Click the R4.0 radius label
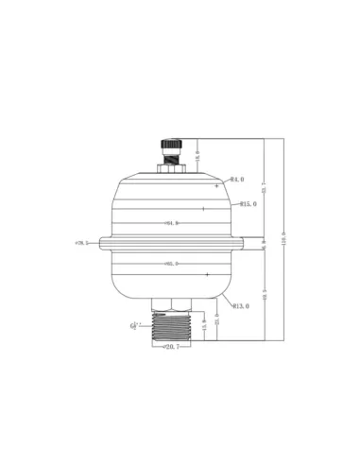(x=236, y=179)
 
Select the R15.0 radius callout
(x=249, y=203)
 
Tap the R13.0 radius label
(x=240, y=305)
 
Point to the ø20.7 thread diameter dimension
(x=171, y=348)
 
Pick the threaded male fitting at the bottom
(x=171, y=326)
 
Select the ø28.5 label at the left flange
(x=81, y=243)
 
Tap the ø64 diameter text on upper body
(x=171, y=223)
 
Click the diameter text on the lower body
(x=171, y=264)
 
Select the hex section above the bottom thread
(x=171, y=302)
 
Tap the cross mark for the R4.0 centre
(x=216, y=186)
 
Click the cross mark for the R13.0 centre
(x=206, y=274)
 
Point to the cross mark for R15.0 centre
(x=202, y=209)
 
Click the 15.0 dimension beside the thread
(x=204, y=326)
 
